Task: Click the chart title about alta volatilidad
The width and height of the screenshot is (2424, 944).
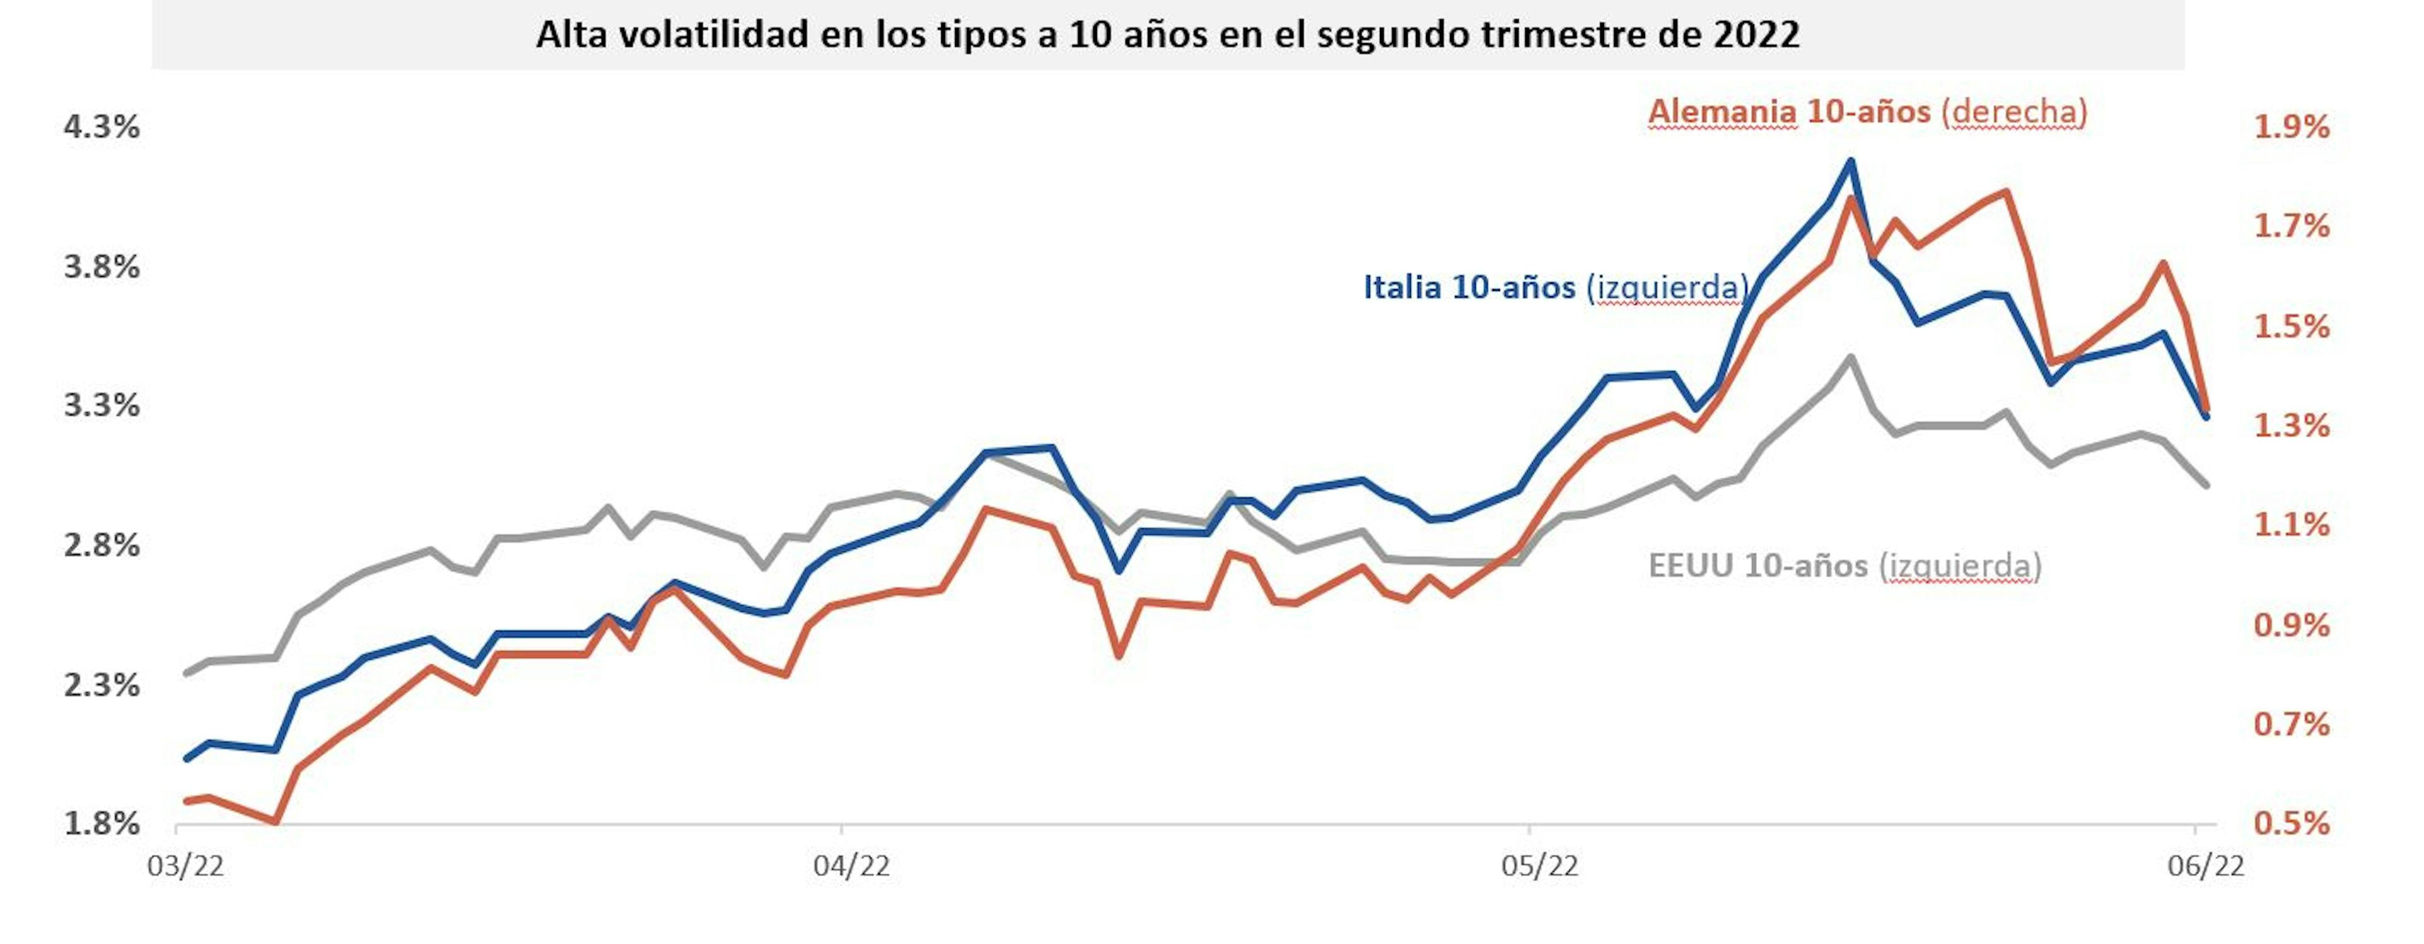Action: [x=1167, y=35]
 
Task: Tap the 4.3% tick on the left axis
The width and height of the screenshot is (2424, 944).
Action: [x=102, y=126]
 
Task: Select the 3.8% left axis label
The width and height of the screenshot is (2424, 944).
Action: [x=102, y=267]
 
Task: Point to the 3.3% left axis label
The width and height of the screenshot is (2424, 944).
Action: [x=102, y=405]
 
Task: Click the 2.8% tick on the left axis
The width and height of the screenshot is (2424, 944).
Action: [x=102, y=545]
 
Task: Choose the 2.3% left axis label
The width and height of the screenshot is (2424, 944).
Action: [x=102, y=685]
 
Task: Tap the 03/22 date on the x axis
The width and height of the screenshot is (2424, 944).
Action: [x=186, y=866]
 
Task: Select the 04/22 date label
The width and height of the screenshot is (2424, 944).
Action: [x=852, y=866]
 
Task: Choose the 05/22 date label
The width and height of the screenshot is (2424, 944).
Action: [x=1540, y=866]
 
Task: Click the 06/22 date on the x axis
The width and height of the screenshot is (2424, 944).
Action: [x=2206, y=866]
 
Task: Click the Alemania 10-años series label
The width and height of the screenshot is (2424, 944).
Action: [x=1867, y=112]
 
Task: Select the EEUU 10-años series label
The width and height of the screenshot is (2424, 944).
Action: [x=1845, y=566]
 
